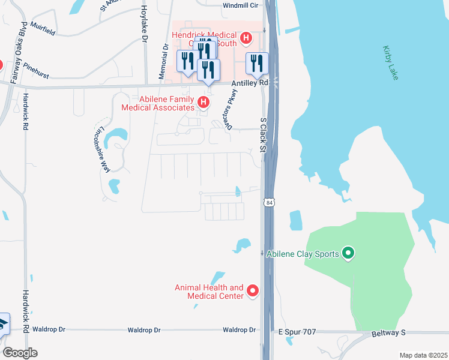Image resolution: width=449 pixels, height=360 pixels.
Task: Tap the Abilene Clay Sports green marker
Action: click(347, 254)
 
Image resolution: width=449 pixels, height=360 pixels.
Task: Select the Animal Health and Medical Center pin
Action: click(252, 292)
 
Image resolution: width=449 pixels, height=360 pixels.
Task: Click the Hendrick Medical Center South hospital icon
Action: click(245, 40)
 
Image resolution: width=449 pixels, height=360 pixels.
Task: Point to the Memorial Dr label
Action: click(162, 61)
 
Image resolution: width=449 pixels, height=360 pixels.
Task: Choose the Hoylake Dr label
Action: click(143, 22)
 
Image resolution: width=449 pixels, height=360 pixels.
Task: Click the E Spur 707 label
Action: click(296, 331)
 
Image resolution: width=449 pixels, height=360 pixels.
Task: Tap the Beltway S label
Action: click(388, 332)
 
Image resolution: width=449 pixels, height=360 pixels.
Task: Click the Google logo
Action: click(19, 353)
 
